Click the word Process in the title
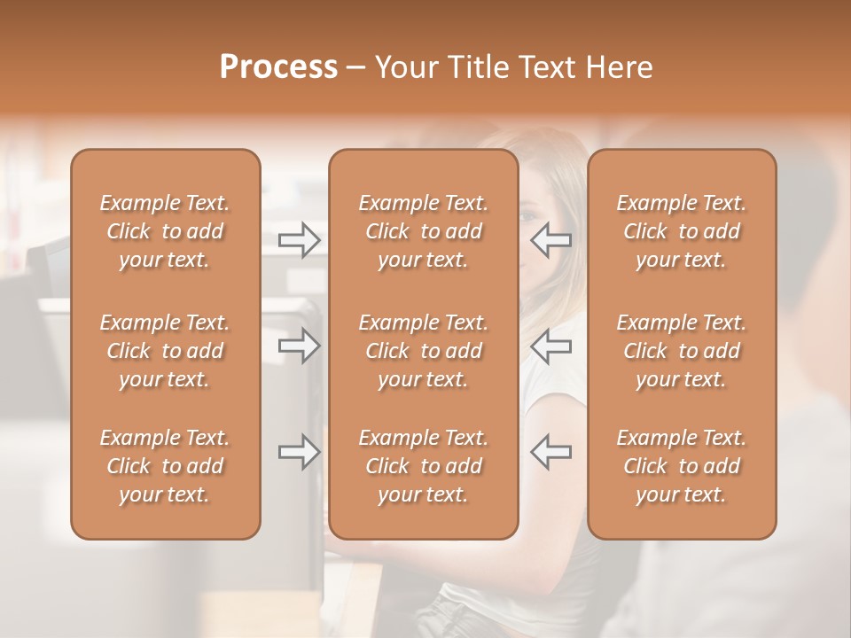point(278,66)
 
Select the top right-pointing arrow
point(300,240)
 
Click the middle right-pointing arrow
point(300,346)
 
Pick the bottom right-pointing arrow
point(300,452)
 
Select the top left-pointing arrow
point(550,240)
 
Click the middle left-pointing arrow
point(550,346)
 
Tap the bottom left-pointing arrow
point(550,452)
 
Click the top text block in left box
point(165,231)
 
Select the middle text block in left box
point(165,351)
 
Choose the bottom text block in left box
point(165,466)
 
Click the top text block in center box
point(423,231)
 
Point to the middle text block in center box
point(423,351)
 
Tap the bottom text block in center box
point(423,466)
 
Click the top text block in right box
point(681,231)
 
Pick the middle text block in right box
point(681,351)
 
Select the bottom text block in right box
point(681,466)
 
